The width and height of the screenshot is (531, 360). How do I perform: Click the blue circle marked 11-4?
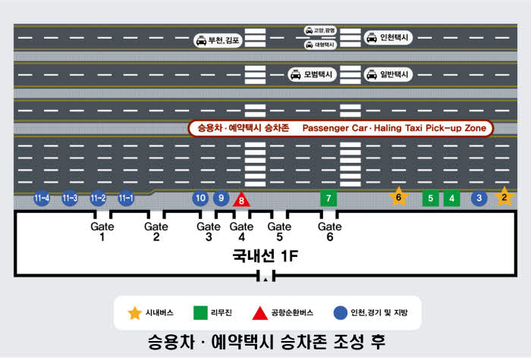[42, 199]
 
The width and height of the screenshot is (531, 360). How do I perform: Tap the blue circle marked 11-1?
[126, 199]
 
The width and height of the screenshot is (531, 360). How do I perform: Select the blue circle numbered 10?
[200, 199]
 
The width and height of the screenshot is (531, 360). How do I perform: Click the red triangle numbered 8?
[241, 200]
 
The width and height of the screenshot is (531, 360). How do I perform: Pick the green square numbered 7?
[328, 199]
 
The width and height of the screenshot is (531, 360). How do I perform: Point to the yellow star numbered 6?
[398, 197]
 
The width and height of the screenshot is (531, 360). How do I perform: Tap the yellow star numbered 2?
[504, 197]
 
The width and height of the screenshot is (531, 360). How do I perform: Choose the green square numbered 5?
[430, 199]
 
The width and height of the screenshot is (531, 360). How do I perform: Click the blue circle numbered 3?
[479, 199]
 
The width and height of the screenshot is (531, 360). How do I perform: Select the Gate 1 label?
[102, 232]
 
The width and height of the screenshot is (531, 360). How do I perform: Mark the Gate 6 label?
[330, 232]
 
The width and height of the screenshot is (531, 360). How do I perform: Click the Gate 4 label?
[241, 232]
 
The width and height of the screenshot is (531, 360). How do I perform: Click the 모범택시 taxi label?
[312, 75]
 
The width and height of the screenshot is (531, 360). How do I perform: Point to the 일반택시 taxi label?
[388, 74]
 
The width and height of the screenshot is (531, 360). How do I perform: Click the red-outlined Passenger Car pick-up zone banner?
[341, 129]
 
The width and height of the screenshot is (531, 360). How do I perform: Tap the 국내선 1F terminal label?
[265, 256]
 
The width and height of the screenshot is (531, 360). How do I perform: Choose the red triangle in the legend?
[259, 312]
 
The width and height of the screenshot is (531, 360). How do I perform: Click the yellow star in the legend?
[134, 312]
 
